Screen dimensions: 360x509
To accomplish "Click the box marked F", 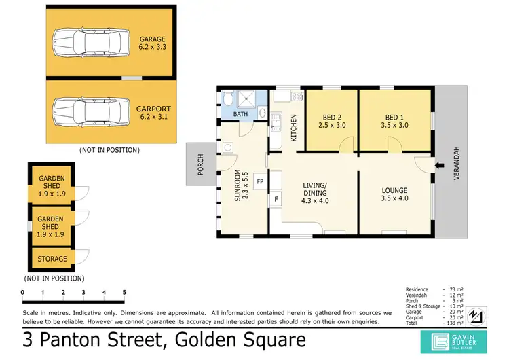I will tap(276, 200).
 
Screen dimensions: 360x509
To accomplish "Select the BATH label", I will tap(241, 114).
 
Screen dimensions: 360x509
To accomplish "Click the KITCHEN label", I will tap(294, 127).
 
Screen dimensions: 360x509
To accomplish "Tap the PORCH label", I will tap(200, 166).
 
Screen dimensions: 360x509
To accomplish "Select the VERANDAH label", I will tap(456, 163).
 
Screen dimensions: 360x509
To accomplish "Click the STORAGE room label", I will tap(52, 259).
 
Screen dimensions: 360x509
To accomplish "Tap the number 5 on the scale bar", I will tap(124, 293).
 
